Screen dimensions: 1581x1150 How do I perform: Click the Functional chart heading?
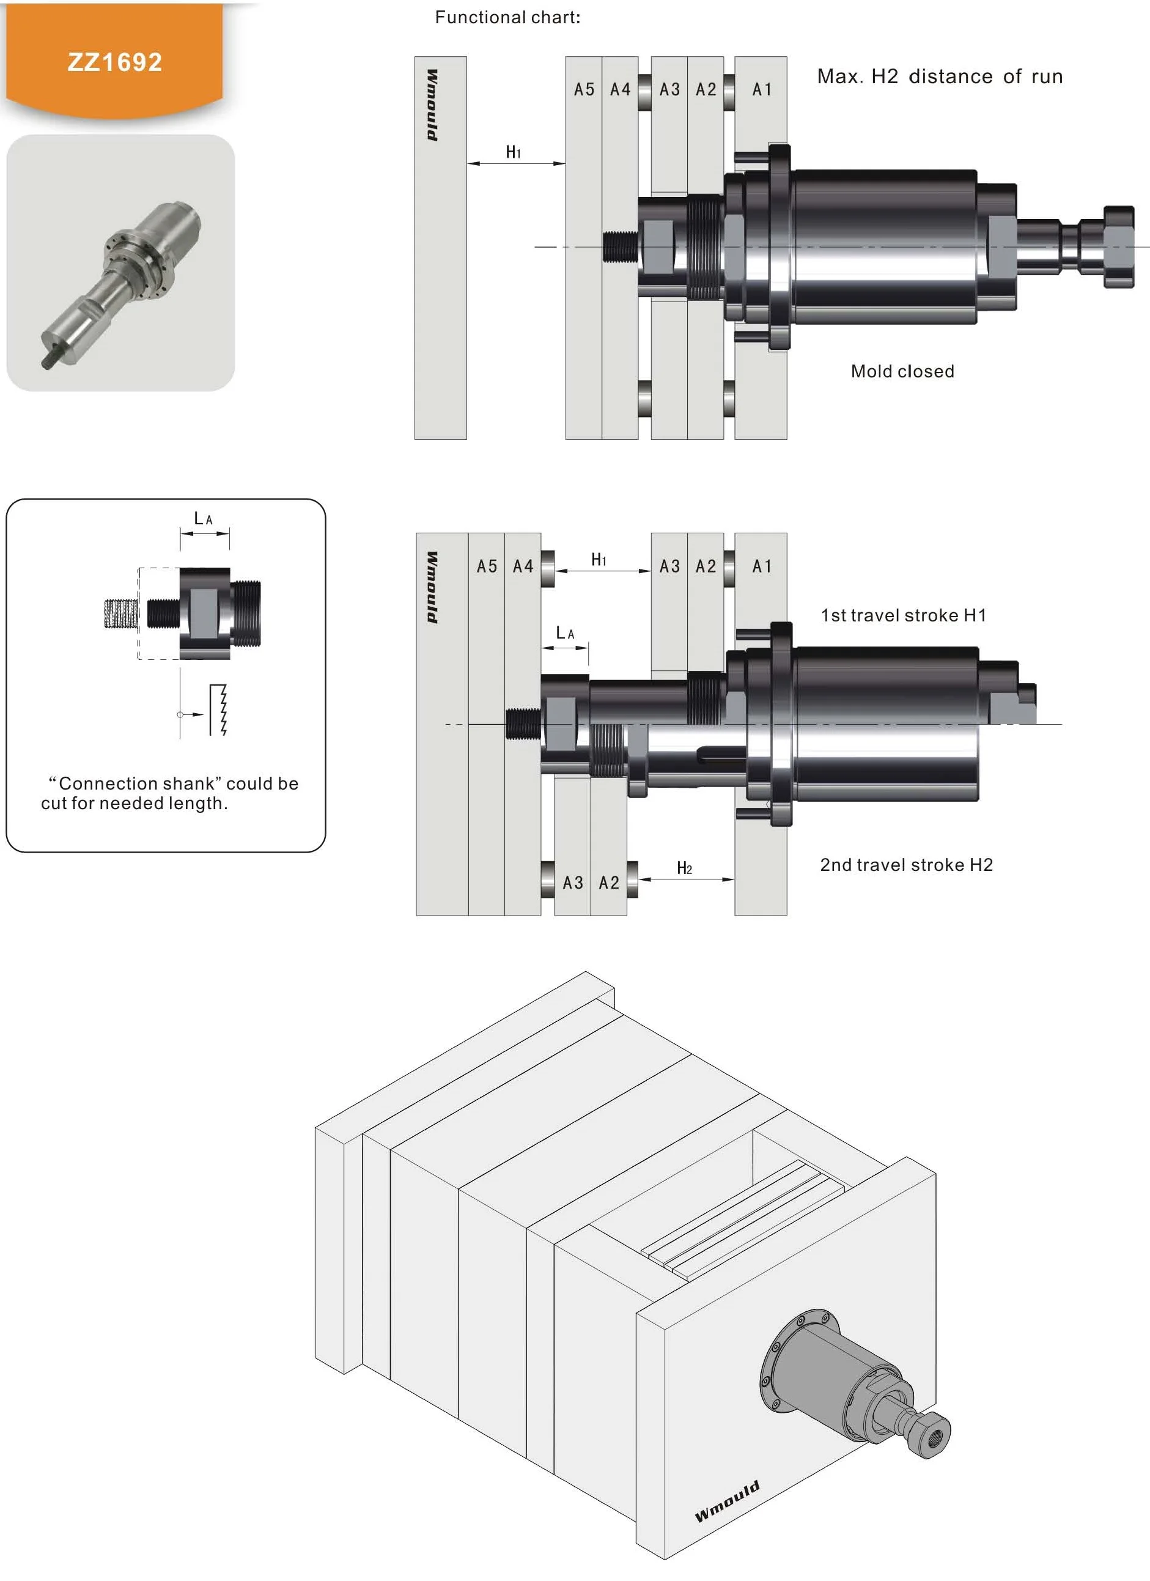click(x=507, y=17)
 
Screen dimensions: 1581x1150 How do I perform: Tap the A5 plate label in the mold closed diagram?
click(x=584, y=89)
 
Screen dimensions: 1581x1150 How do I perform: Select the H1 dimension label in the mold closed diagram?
click(x=514, y=152)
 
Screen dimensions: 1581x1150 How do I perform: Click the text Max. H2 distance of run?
click(x=940, y=76)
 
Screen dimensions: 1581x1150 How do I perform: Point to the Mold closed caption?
click(x=902, y=371)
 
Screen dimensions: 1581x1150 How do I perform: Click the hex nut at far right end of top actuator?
click(x=1119, y=246)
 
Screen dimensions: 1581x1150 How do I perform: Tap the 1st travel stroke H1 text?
click(x=903, y=615)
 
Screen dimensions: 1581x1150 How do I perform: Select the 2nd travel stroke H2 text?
click(x=906, y=865)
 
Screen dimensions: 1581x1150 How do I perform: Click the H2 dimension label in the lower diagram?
click(x=684, y=868)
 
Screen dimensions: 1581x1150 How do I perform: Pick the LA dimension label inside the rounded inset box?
click(x=204, y=519)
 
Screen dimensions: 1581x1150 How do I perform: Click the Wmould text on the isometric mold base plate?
click(x=727, y=1501)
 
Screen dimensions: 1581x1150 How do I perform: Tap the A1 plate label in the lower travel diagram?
click(x=762, y=566)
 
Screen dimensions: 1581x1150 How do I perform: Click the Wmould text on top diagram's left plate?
click(x=432, y=105)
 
